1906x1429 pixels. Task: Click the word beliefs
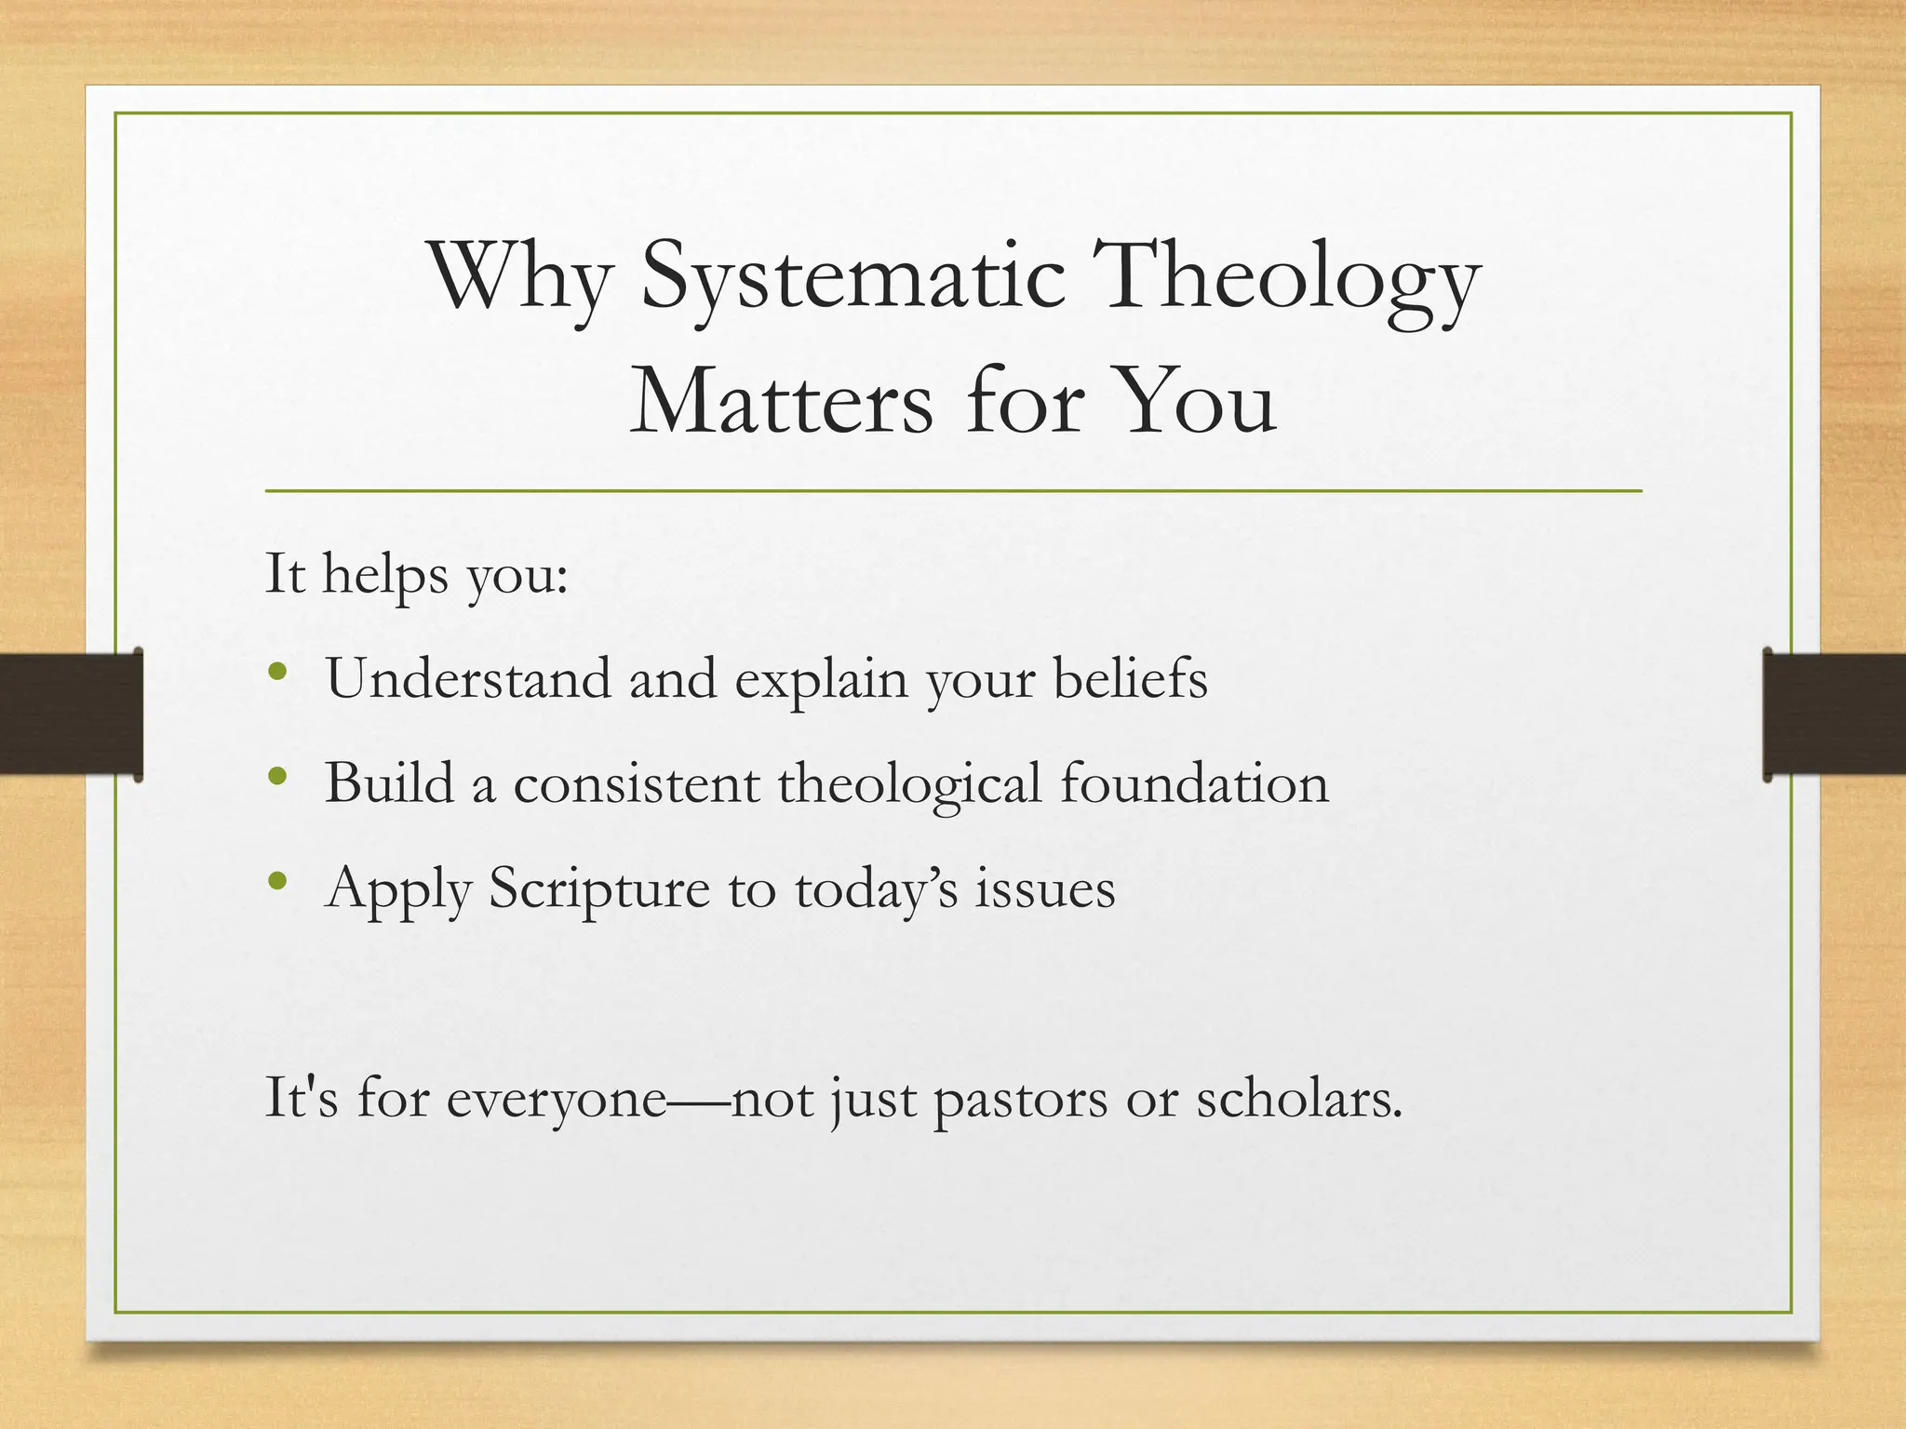(1130, 678)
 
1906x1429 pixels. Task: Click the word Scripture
(599, 888)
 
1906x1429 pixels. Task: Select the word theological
(909, 783)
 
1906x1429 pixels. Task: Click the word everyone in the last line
(556, 1099)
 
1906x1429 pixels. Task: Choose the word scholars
(1298, 1099)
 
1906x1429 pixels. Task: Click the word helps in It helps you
(385, 574)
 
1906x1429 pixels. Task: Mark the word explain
(821, 678)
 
